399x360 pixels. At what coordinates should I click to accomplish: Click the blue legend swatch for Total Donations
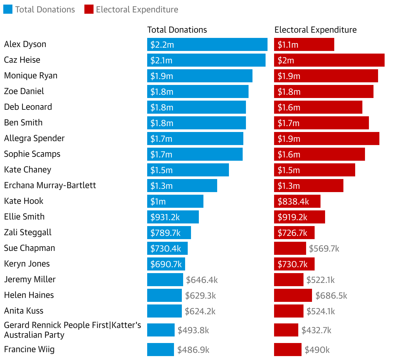8,9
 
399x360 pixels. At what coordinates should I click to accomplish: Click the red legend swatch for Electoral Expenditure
89,9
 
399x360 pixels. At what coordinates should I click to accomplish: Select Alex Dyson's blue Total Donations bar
207,44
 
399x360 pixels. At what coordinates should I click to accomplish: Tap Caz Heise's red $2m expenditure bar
329,60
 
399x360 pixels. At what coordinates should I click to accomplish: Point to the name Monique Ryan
31,76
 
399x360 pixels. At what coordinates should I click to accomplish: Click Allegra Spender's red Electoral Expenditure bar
326,139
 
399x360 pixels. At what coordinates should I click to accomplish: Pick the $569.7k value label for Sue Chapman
324,249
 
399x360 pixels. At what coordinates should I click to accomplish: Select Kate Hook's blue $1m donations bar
175,201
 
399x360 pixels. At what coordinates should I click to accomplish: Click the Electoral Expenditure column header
315,30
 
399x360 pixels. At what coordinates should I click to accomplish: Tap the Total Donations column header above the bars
177,30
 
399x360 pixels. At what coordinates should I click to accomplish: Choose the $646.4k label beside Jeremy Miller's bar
202,280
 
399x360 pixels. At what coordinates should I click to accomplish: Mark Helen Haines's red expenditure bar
293,295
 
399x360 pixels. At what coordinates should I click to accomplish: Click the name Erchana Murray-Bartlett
50,186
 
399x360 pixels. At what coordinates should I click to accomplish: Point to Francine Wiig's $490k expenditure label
317,350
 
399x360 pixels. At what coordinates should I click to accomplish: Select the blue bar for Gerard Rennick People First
161,330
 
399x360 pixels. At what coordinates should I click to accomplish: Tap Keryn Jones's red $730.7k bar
294,264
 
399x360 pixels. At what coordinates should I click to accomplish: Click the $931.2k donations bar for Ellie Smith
173,217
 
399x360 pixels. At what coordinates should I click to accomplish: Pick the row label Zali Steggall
28,233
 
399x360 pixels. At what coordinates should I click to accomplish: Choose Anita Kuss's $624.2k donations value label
200,311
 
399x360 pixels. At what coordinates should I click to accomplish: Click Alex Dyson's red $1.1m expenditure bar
304,44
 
